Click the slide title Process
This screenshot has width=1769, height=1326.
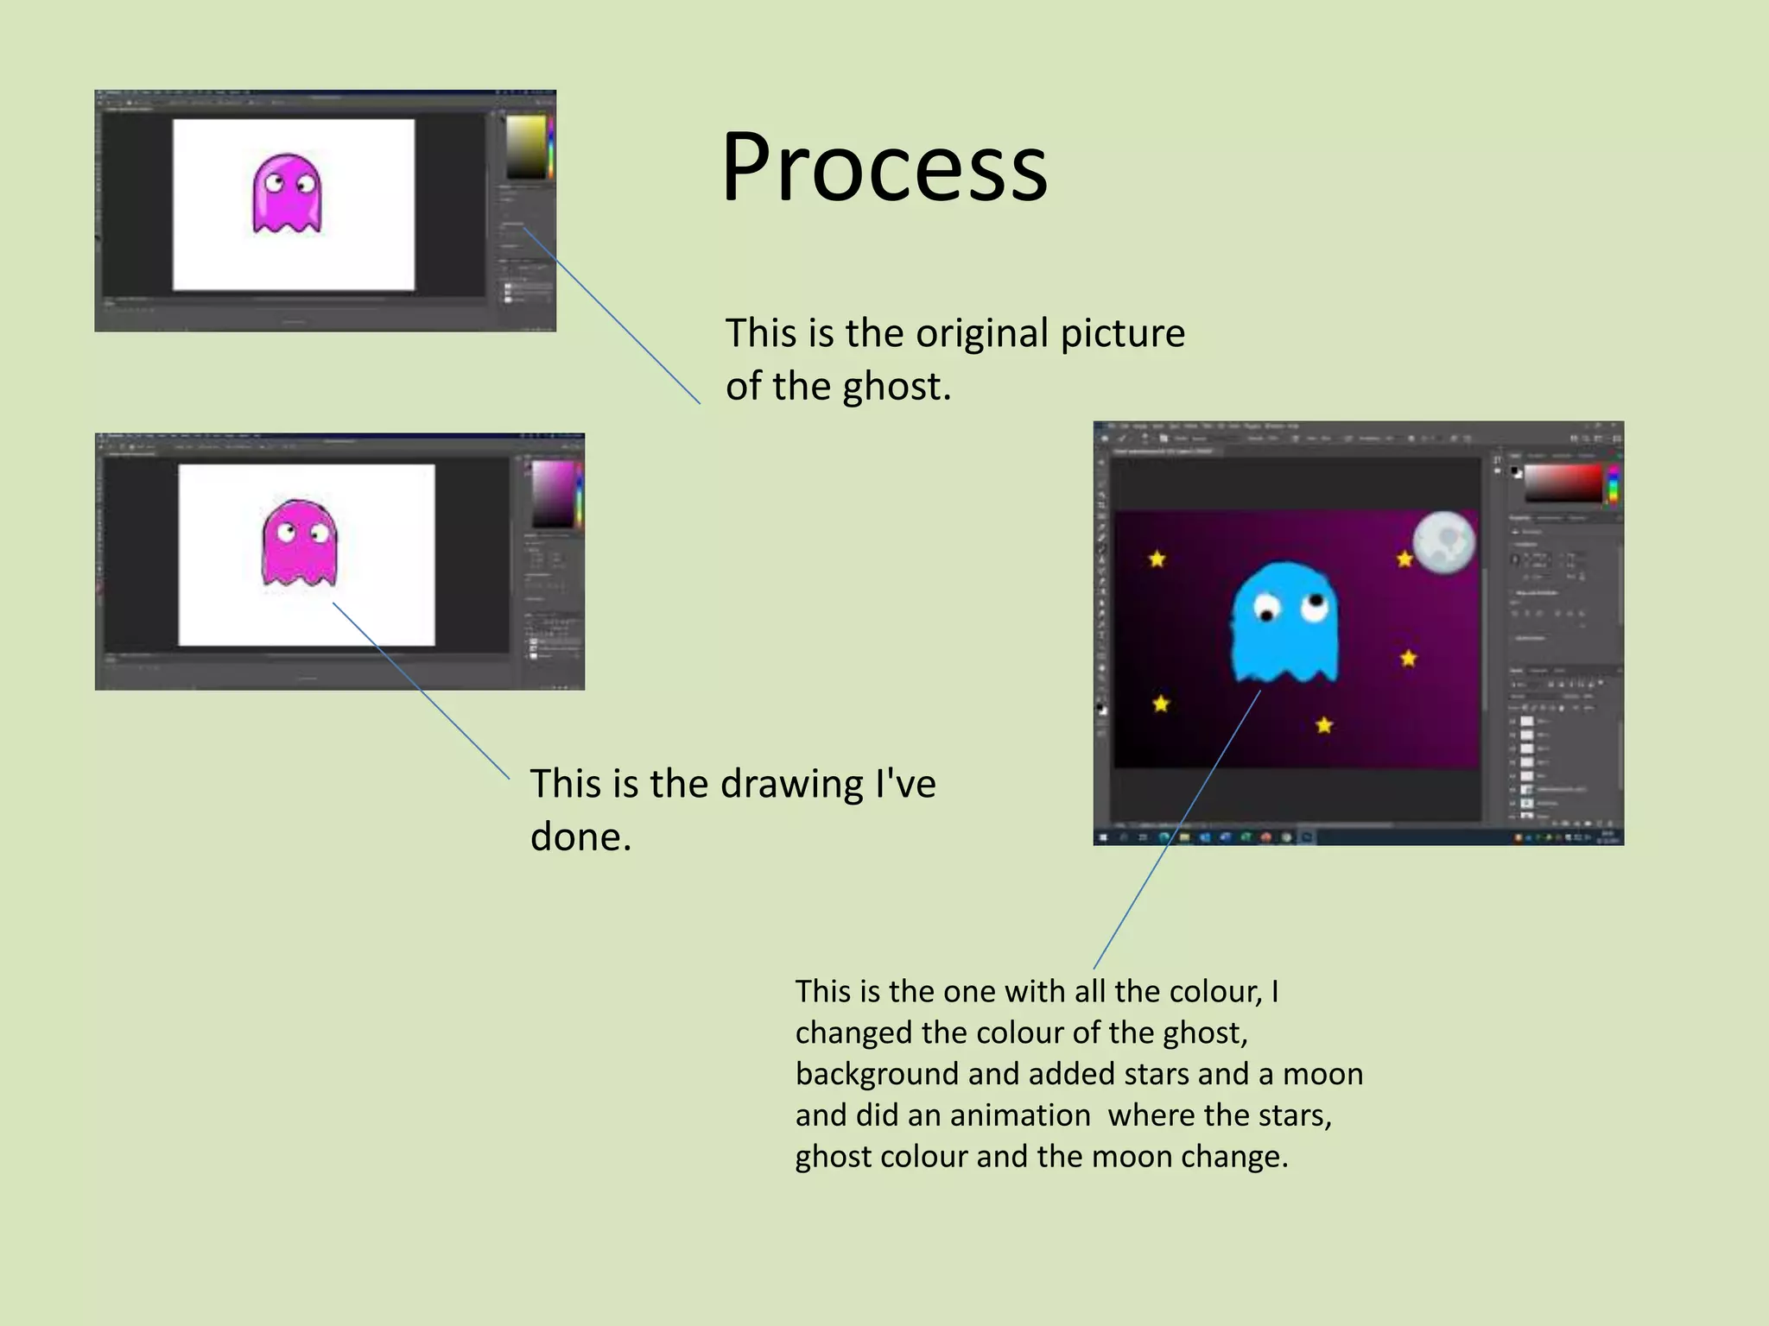tap(884, 167)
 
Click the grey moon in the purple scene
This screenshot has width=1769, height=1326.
tap(1443, 541)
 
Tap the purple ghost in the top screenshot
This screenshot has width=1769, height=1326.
tap(287, 193)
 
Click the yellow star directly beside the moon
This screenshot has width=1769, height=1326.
tap(1404, 559)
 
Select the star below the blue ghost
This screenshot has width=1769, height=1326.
tap(1324, 725)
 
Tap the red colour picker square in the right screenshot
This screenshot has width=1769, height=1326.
tap(1563, 483)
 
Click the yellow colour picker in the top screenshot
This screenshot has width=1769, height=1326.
tap(525, 147)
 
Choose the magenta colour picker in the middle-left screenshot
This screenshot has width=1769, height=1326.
tap(553, 494)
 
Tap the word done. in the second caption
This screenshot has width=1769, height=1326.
tap(580, 837)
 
